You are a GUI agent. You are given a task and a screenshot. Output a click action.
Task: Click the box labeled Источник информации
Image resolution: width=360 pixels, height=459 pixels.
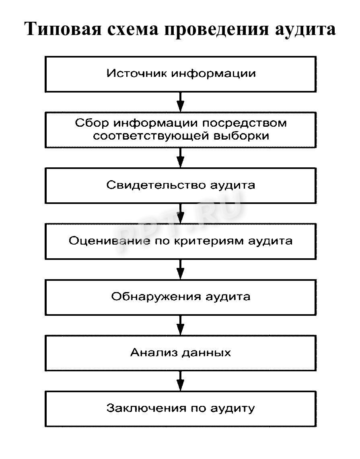click(x=181, y=74)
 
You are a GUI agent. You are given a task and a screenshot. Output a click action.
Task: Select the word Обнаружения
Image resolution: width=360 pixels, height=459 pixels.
click(x=156, y=297)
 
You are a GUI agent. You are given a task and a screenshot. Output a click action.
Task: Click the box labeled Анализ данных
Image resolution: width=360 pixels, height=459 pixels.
click(x=181, y=353)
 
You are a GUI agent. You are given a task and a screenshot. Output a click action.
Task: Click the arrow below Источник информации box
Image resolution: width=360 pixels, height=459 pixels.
click(x=181, y=102)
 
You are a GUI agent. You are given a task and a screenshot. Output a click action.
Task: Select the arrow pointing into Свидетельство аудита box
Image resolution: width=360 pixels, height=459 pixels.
click(x=181, y=157)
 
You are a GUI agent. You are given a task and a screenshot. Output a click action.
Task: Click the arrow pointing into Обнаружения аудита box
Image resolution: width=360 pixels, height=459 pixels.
click(x=181, y=269)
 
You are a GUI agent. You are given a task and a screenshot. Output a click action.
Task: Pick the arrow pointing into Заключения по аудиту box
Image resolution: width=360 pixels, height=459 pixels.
click(x=181, y=381)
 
